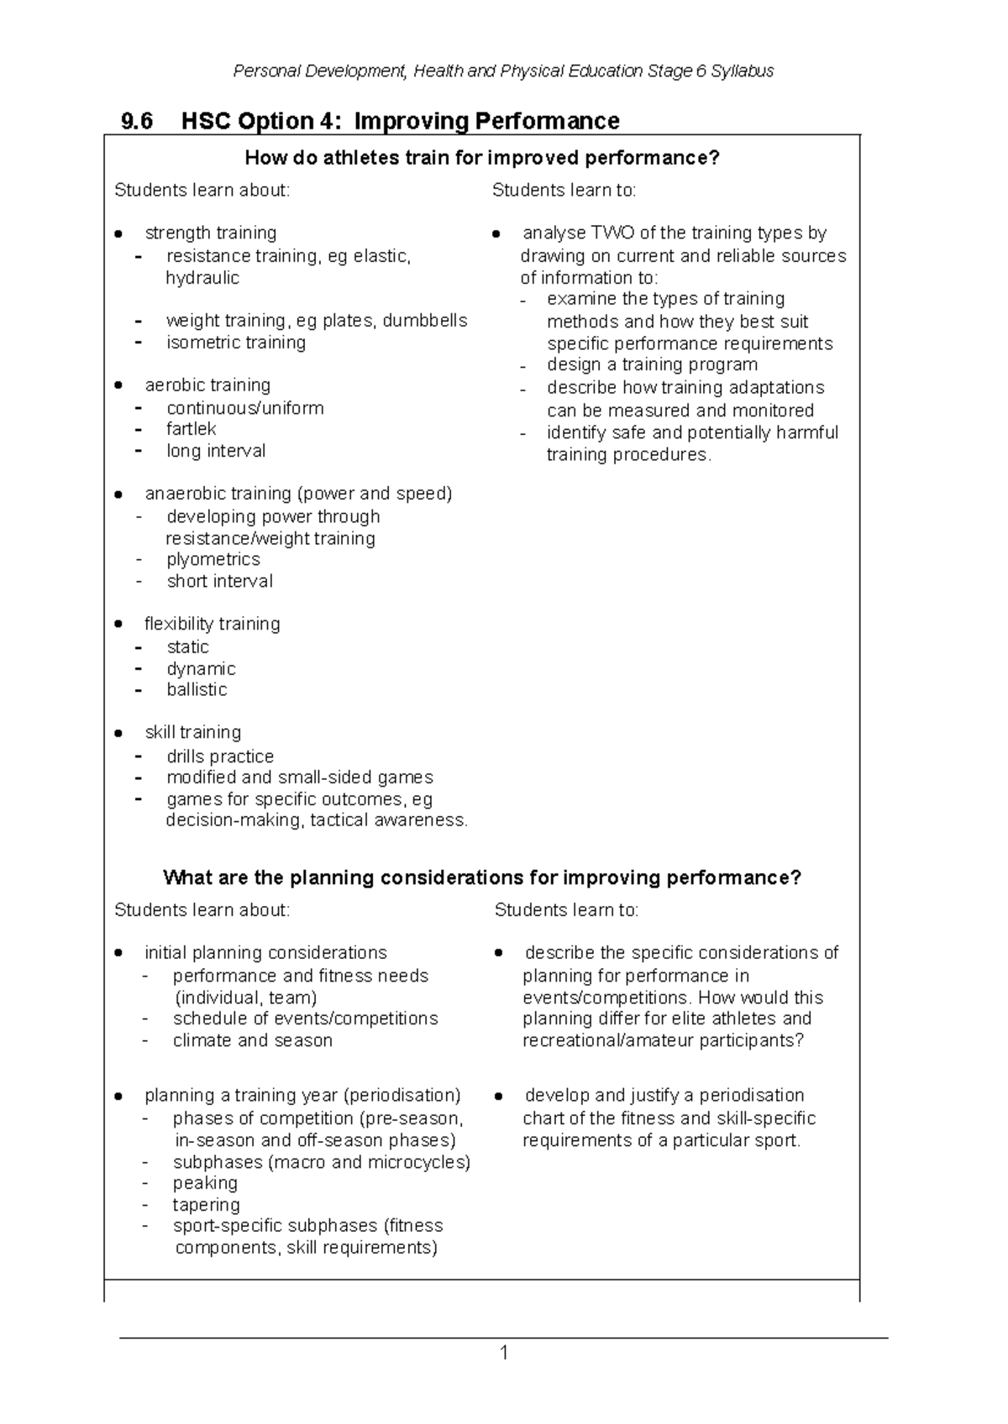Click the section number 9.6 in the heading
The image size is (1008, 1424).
coord(137,122)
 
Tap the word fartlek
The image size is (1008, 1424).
coord(191,429)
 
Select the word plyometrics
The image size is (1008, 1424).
coord(213,559)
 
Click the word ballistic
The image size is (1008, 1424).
coord(197,689)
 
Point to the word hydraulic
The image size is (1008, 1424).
coord(202,278)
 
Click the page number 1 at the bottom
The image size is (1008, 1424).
coord(504,1353)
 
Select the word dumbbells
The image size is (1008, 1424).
coord(425,320)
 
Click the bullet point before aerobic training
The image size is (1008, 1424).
coord(120,385)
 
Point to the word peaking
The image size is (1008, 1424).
coord(205,1183)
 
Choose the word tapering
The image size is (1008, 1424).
coord(206,1205)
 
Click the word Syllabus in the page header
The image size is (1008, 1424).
coord(742,71)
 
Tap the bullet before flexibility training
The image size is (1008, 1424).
coord(120,624)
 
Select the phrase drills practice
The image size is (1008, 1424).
coord(220,756)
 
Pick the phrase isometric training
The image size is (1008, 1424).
coord(236,343)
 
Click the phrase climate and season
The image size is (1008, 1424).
coord(252,1040)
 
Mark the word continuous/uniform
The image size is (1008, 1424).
coord(244,408)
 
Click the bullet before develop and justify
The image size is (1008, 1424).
coord(499,1096)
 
